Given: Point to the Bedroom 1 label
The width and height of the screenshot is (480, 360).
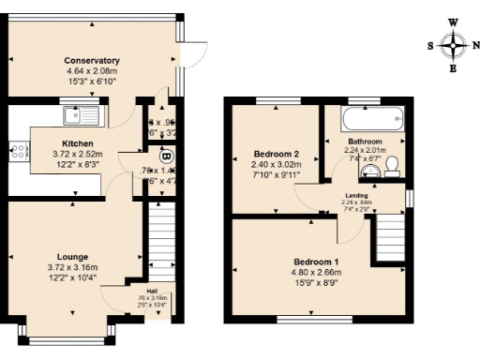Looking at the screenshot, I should pos(317,261).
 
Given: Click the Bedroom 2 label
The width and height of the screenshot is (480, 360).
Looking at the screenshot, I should pos(276,154).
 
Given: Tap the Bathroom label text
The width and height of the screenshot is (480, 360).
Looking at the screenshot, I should pos(365,141).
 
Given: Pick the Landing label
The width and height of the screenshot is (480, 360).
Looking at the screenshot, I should pos(356,195).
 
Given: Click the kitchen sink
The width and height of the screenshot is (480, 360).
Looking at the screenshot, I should pos(80,115).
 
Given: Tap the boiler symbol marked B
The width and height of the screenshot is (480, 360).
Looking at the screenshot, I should pos(167,156).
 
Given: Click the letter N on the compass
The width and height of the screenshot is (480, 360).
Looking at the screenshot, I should pos(477,44).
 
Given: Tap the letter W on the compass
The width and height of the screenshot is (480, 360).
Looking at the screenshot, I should pos(454,21).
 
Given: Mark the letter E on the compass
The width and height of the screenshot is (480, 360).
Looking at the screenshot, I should pos(454,67).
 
